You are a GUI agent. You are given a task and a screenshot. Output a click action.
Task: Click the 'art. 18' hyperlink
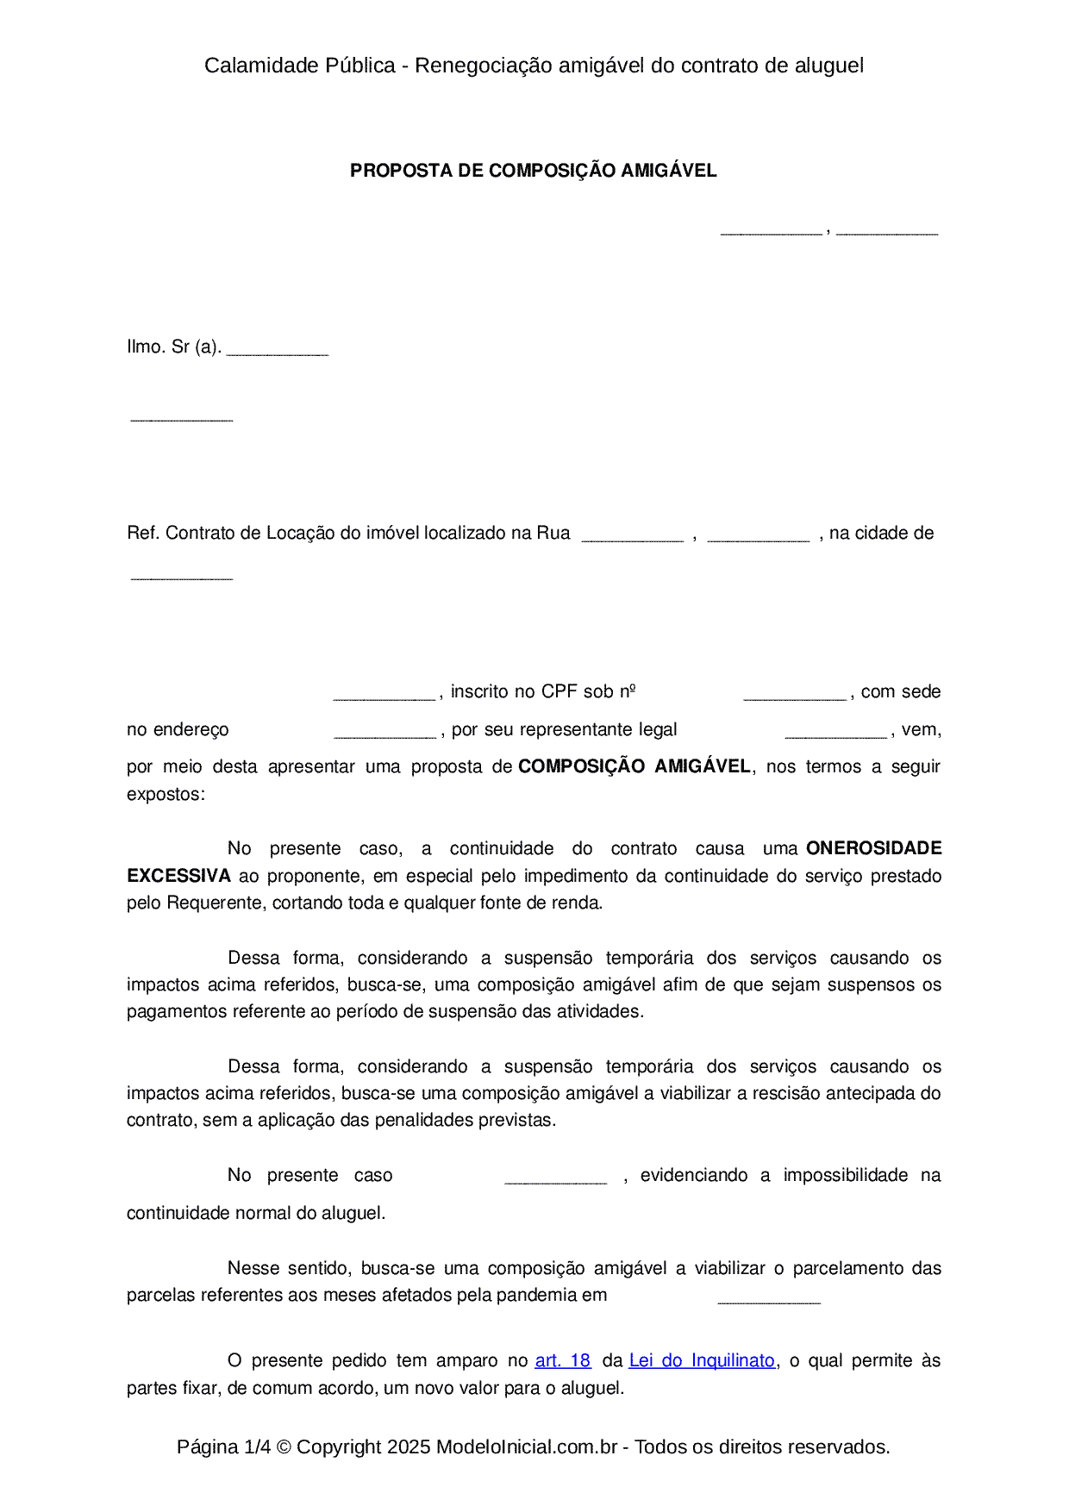[562, 1360]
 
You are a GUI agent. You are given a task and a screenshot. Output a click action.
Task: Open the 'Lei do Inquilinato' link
[702, 1360]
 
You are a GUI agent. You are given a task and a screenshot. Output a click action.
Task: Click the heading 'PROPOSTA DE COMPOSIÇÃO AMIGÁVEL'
[533, 171]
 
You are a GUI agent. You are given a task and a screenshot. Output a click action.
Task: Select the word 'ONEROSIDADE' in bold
[873, 848]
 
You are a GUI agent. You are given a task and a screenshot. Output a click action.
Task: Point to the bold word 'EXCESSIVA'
[178, 876]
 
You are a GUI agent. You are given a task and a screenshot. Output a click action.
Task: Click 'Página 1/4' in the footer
[223, 1446]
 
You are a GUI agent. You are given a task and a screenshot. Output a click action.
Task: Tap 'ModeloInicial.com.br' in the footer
[526, 1446]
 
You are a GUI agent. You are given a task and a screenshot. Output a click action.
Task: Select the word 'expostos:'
[166, 794]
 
